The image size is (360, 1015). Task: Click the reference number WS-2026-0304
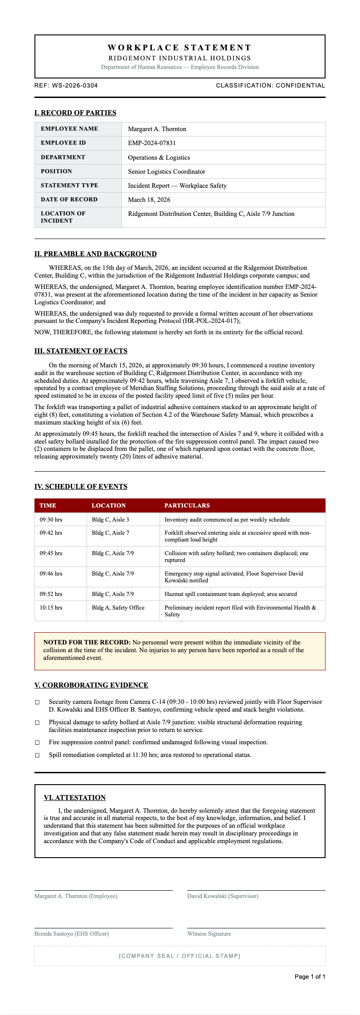[x=75, y=85]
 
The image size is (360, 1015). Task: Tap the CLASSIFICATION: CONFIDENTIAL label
[x=270, y=85]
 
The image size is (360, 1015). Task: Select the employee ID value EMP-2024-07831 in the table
[x=152, y=143]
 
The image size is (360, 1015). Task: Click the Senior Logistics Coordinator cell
[x=166, y=171]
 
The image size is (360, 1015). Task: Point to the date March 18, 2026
[x=149, y=200]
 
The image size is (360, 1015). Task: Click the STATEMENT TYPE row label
[x=69, y=185]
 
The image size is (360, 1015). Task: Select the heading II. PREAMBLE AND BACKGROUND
[x=95, y=254]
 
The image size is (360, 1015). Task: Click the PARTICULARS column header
[x=187, y=505]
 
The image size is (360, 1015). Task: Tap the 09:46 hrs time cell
[x=51, y=574]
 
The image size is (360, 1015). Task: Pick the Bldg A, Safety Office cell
[x=118, y=608]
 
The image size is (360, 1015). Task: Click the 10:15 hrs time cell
[x=51, y=608]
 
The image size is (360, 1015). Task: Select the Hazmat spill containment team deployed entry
[x=230, y=594]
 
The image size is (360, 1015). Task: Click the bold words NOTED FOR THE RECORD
[x=87, y=642]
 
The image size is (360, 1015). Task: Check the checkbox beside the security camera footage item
[x=37, y=702]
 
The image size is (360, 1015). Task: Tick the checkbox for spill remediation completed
[x=37, y=755]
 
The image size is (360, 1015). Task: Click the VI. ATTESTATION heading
[x=74, y=797]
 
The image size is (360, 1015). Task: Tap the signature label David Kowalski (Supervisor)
[x=223, y=896]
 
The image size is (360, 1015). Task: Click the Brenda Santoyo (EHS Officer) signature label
[x=72, y=934]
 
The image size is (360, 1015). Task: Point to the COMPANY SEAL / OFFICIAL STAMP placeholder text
[x=180, y=956]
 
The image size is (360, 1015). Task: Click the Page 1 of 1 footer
[x=310, y=976]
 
